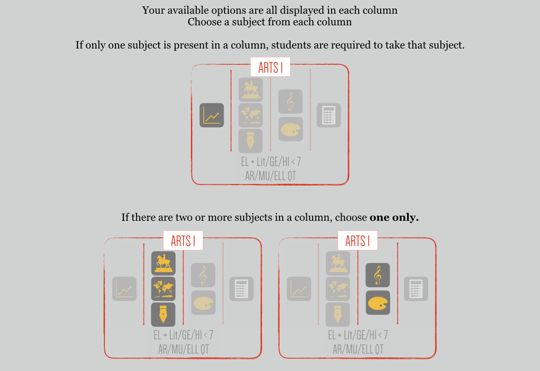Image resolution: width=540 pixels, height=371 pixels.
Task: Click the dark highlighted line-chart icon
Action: pos(212,115)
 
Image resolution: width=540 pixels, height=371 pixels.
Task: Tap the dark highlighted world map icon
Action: pos(163,289)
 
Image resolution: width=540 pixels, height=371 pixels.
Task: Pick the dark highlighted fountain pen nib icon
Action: pos(163,314)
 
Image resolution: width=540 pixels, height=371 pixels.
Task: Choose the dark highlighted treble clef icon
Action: pos(378,275)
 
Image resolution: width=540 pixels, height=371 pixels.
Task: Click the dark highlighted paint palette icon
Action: pos(378,303)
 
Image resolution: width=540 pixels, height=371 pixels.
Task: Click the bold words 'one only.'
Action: pos(394,218)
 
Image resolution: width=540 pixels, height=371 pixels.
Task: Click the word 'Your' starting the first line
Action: pos(153,10)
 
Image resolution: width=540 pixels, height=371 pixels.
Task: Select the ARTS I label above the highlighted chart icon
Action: pos(271,67)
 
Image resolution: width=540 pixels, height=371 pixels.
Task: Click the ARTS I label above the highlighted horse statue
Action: pos(183,241)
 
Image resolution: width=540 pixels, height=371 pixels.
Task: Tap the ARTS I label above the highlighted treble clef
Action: pos(358,241)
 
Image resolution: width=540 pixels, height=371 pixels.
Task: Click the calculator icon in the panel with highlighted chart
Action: pos(329,115)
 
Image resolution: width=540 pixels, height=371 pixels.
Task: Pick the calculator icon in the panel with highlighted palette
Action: pos(416,289)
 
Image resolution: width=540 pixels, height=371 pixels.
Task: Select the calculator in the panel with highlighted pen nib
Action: pos(242,289)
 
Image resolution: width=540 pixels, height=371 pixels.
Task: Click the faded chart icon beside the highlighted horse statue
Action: pos(124,289)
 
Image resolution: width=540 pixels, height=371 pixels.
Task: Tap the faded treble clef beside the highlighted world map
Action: pos(203,275)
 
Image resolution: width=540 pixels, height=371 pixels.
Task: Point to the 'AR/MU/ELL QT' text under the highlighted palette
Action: pos(358,349)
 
